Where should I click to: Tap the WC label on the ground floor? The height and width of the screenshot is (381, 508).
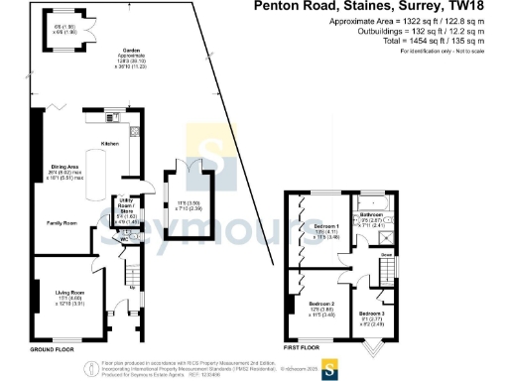(x=125, y=239)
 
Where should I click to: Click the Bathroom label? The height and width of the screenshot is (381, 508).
(x=372, y=214)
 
